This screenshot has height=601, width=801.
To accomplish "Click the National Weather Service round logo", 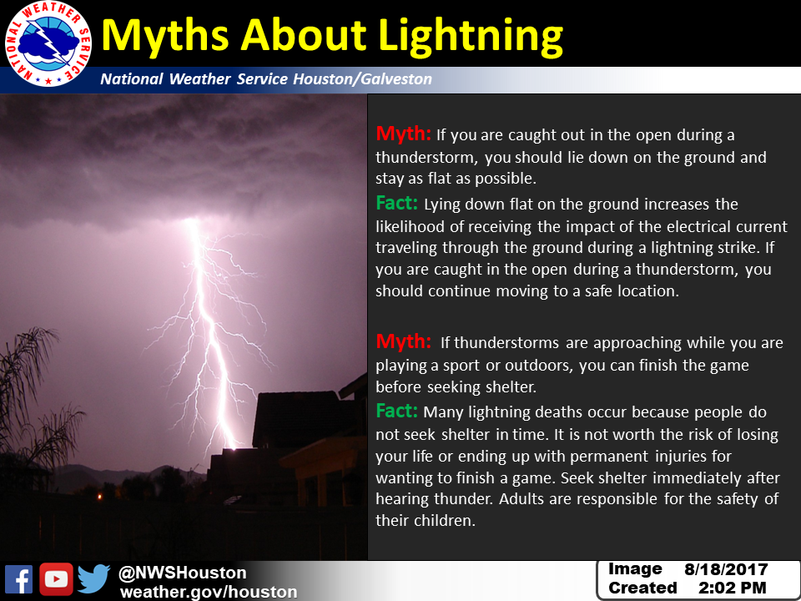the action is coord(48,44).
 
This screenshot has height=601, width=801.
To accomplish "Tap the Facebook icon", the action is coord(19,579).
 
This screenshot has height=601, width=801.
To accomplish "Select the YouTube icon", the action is coord(56,579).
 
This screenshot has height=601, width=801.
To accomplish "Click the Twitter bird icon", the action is coord(94,579).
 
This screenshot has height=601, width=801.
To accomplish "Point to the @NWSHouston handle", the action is coord(183,573).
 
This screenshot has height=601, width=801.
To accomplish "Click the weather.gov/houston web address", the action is coord(209,592).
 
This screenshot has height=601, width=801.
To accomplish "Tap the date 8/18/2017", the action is coord(726,569).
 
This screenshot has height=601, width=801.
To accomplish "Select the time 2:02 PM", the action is coord(732,588).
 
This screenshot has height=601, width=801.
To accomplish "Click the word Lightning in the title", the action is coord(471,36).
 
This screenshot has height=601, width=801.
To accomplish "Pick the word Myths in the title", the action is coord(165,36).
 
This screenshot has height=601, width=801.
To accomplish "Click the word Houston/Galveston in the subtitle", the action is coord(362,79).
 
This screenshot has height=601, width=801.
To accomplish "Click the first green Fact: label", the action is coord(397,203).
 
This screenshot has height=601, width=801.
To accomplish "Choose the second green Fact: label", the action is coord(397,411).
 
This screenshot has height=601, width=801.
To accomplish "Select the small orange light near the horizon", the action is coord(101,496).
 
